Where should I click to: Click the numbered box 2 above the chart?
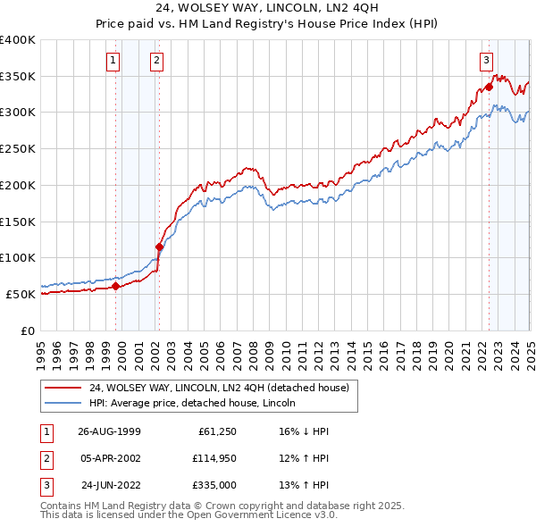coord(156,61)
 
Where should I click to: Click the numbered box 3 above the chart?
coord(486,61)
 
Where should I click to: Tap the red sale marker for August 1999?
coord(116,286)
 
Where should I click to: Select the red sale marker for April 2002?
coord(159,247)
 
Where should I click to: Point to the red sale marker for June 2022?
coord(489,88)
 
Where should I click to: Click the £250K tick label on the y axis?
coord(18,148)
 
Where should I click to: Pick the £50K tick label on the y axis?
coord(21,294)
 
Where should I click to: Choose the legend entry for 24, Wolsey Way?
coord(223,388)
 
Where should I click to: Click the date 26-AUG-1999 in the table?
coord(109,431)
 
